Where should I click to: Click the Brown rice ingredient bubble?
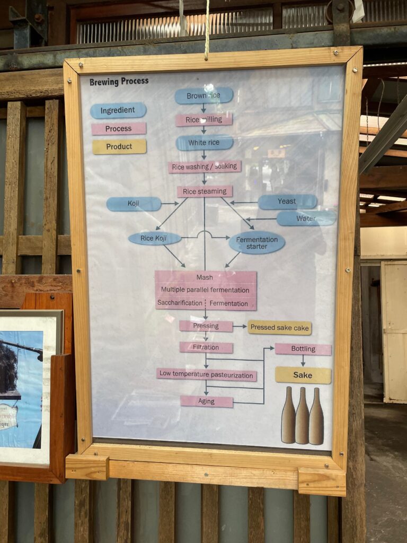[204, 95]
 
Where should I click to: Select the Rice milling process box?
[204, 120]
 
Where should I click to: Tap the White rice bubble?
[205, 143]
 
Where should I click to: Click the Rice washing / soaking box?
[205, 167]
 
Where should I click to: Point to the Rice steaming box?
[205, 191]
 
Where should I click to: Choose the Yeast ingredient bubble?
[287, 202]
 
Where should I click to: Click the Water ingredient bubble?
[306, 218]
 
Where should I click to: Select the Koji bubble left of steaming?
[134, 204]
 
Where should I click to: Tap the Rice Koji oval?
[155, 239]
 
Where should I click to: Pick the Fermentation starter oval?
[257, 242]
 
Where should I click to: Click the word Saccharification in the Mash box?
[180, 303]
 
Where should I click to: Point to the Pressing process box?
[206, 326]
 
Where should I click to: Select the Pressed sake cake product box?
[279, 328]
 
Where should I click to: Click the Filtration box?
[206, 347]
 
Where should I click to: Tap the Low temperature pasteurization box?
[207, 374]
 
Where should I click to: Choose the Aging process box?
[207, 401]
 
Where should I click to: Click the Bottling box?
[303, 349]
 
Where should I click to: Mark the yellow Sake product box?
[303, 375]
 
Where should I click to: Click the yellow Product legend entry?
[119, 147]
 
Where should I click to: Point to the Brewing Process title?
[119, 82]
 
